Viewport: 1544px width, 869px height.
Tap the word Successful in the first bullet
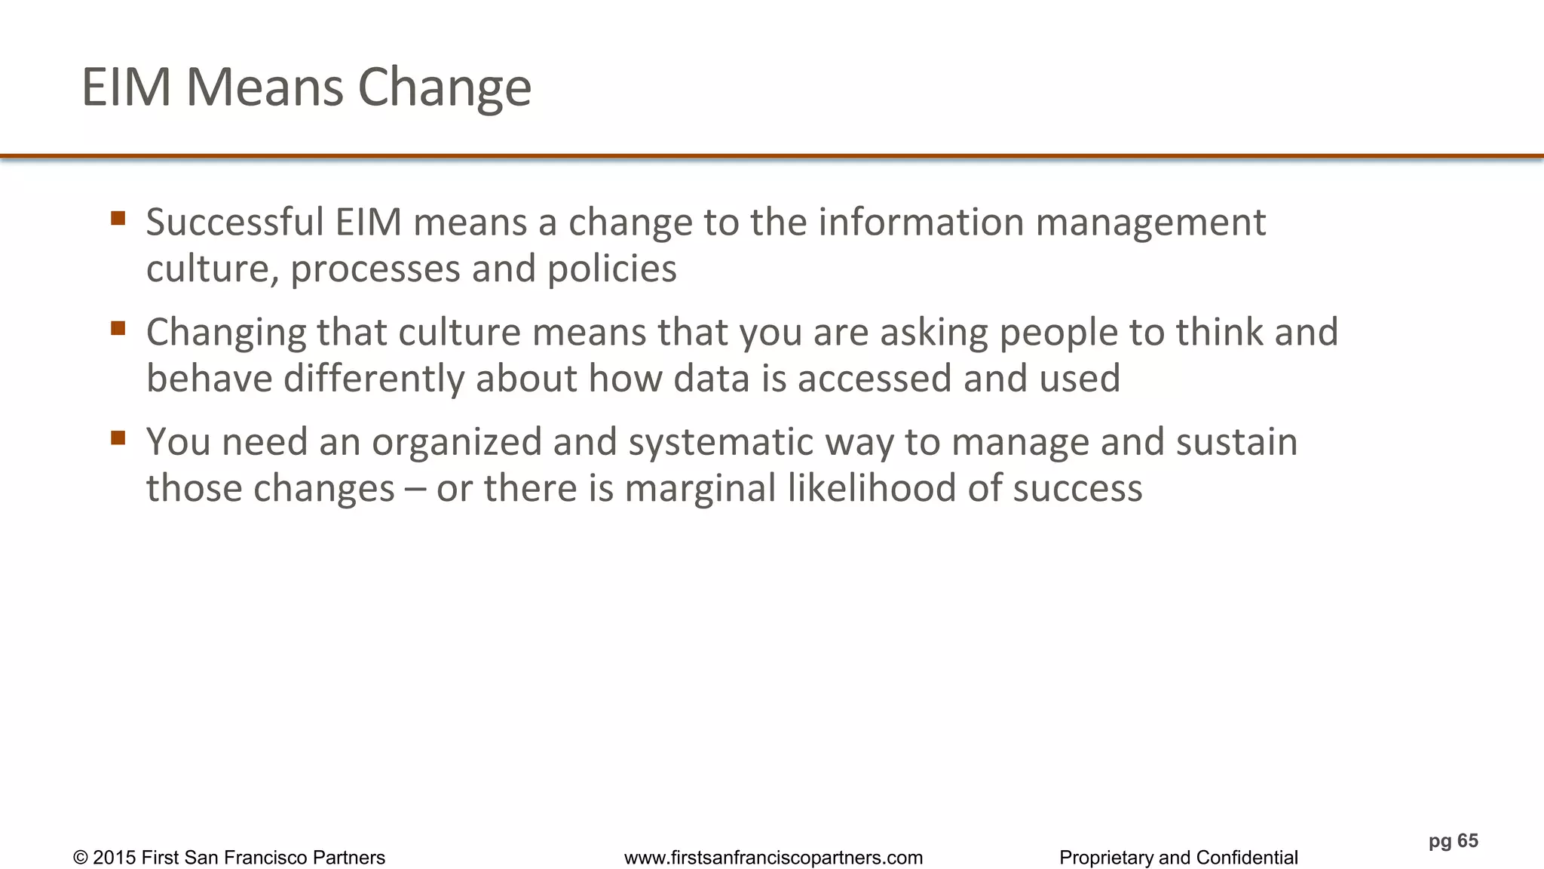pyautogui.click(x=234, y=223)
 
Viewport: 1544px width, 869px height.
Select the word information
pyautogui.click(x=921, y=223)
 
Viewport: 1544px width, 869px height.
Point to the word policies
pyautogui.click(x=611, y=269)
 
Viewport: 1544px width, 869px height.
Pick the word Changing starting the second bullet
pyautogui.click(x=225, y=333)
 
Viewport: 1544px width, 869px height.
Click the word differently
pyautogui.click(x=373, y=379)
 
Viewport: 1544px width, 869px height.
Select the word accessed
pyautogui.click(x=874, y=379)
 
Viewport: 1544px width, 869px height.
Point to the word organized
pyautogui.click(x=456, y=443)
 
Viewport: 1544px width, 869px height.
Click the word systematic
pyautogui.click(x=720, y=443)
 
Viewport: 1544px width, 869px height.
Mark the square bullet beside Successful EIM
pyautogui.click(x=118, y=219)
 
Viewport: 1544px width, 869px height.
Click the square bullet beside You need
pyautogui.click(x=118, y=438)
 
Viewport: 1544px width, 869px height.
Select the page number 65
pyautogui.click(x=1467, y=841)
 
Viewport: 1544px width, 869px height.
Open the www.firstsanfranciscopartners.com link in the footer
pyautogui.click(x=773, y=858)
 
